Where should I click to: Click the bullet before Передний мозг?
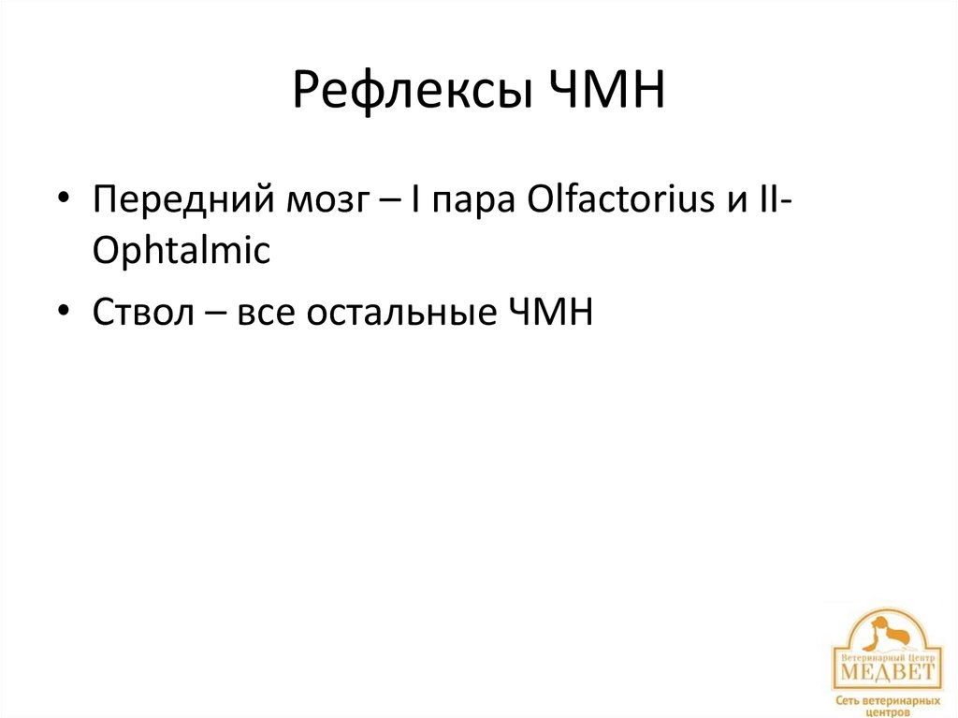click(x=63, y=201)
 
